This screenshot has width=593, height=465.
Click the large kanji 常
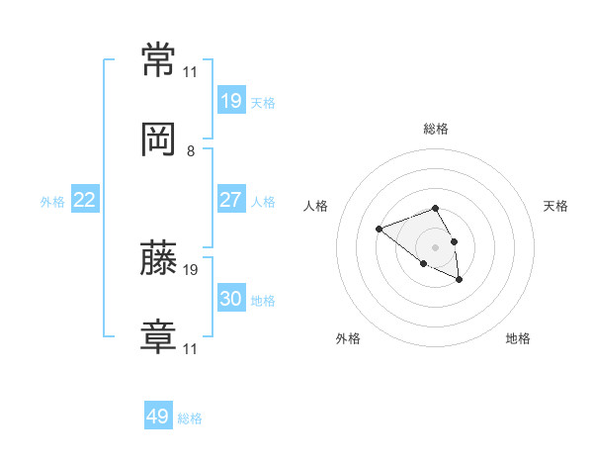pyautogui.click(x=158, y=59)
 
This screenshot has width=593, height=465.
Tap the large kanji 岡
pyautogui.click(x=158, y=139)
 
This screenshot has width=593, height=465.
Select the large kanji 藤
pyautogui.click(x=158, y=257)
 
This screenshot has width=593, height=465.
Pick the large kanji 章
pyautogui.click(x=158, y=336)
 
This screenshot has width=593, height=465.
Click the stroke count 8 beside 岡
pyautogui.click(x=191, y=151)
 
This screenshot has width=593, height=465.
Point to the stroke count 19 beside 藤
pyautogui.click(x=190, y=270)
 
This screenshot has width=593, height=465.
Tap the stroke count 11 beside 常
pyautogui.click(x=190, y=72)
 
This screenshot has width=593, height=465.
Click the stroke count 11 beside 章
pyautogui.click(x=190, y=348)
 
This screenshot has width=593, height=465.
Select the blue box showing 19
pyautogui.click(x=231, y=100)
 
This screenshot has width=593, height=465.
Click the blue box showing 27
pyautogui.click(x=231, y=199)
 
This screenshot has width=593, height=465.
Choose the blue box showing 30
pyautogui.click(x=231, y=297)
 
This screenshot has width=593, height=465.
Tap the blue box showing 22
pyautogui.click(x=85, y=199)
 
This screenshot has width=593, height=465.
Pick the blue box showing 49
pyautogui.click(x=158, y=415)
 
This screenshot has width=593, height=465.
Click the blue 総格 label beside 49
pyautogui.click(x=190, y=418)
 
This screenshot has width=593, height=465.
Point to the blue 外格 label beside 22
pyautogui.click(x=52, y=202)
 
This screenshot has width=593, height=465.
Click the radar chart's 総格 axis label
pyautogui.click(x=436, y=129)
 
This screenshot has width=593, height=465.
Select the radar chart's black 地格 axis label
pyautogui.click(x=518, y=338)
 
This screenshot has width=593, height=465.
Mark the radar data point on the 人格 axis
pyautogui.click(x=379, y=229)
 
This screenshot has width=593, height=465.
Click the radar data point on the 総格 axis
pyautogui.click(x=435, y=208)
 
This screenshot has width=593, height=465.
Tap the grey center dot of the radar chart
pyautogui.click(x=435, y=247)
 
